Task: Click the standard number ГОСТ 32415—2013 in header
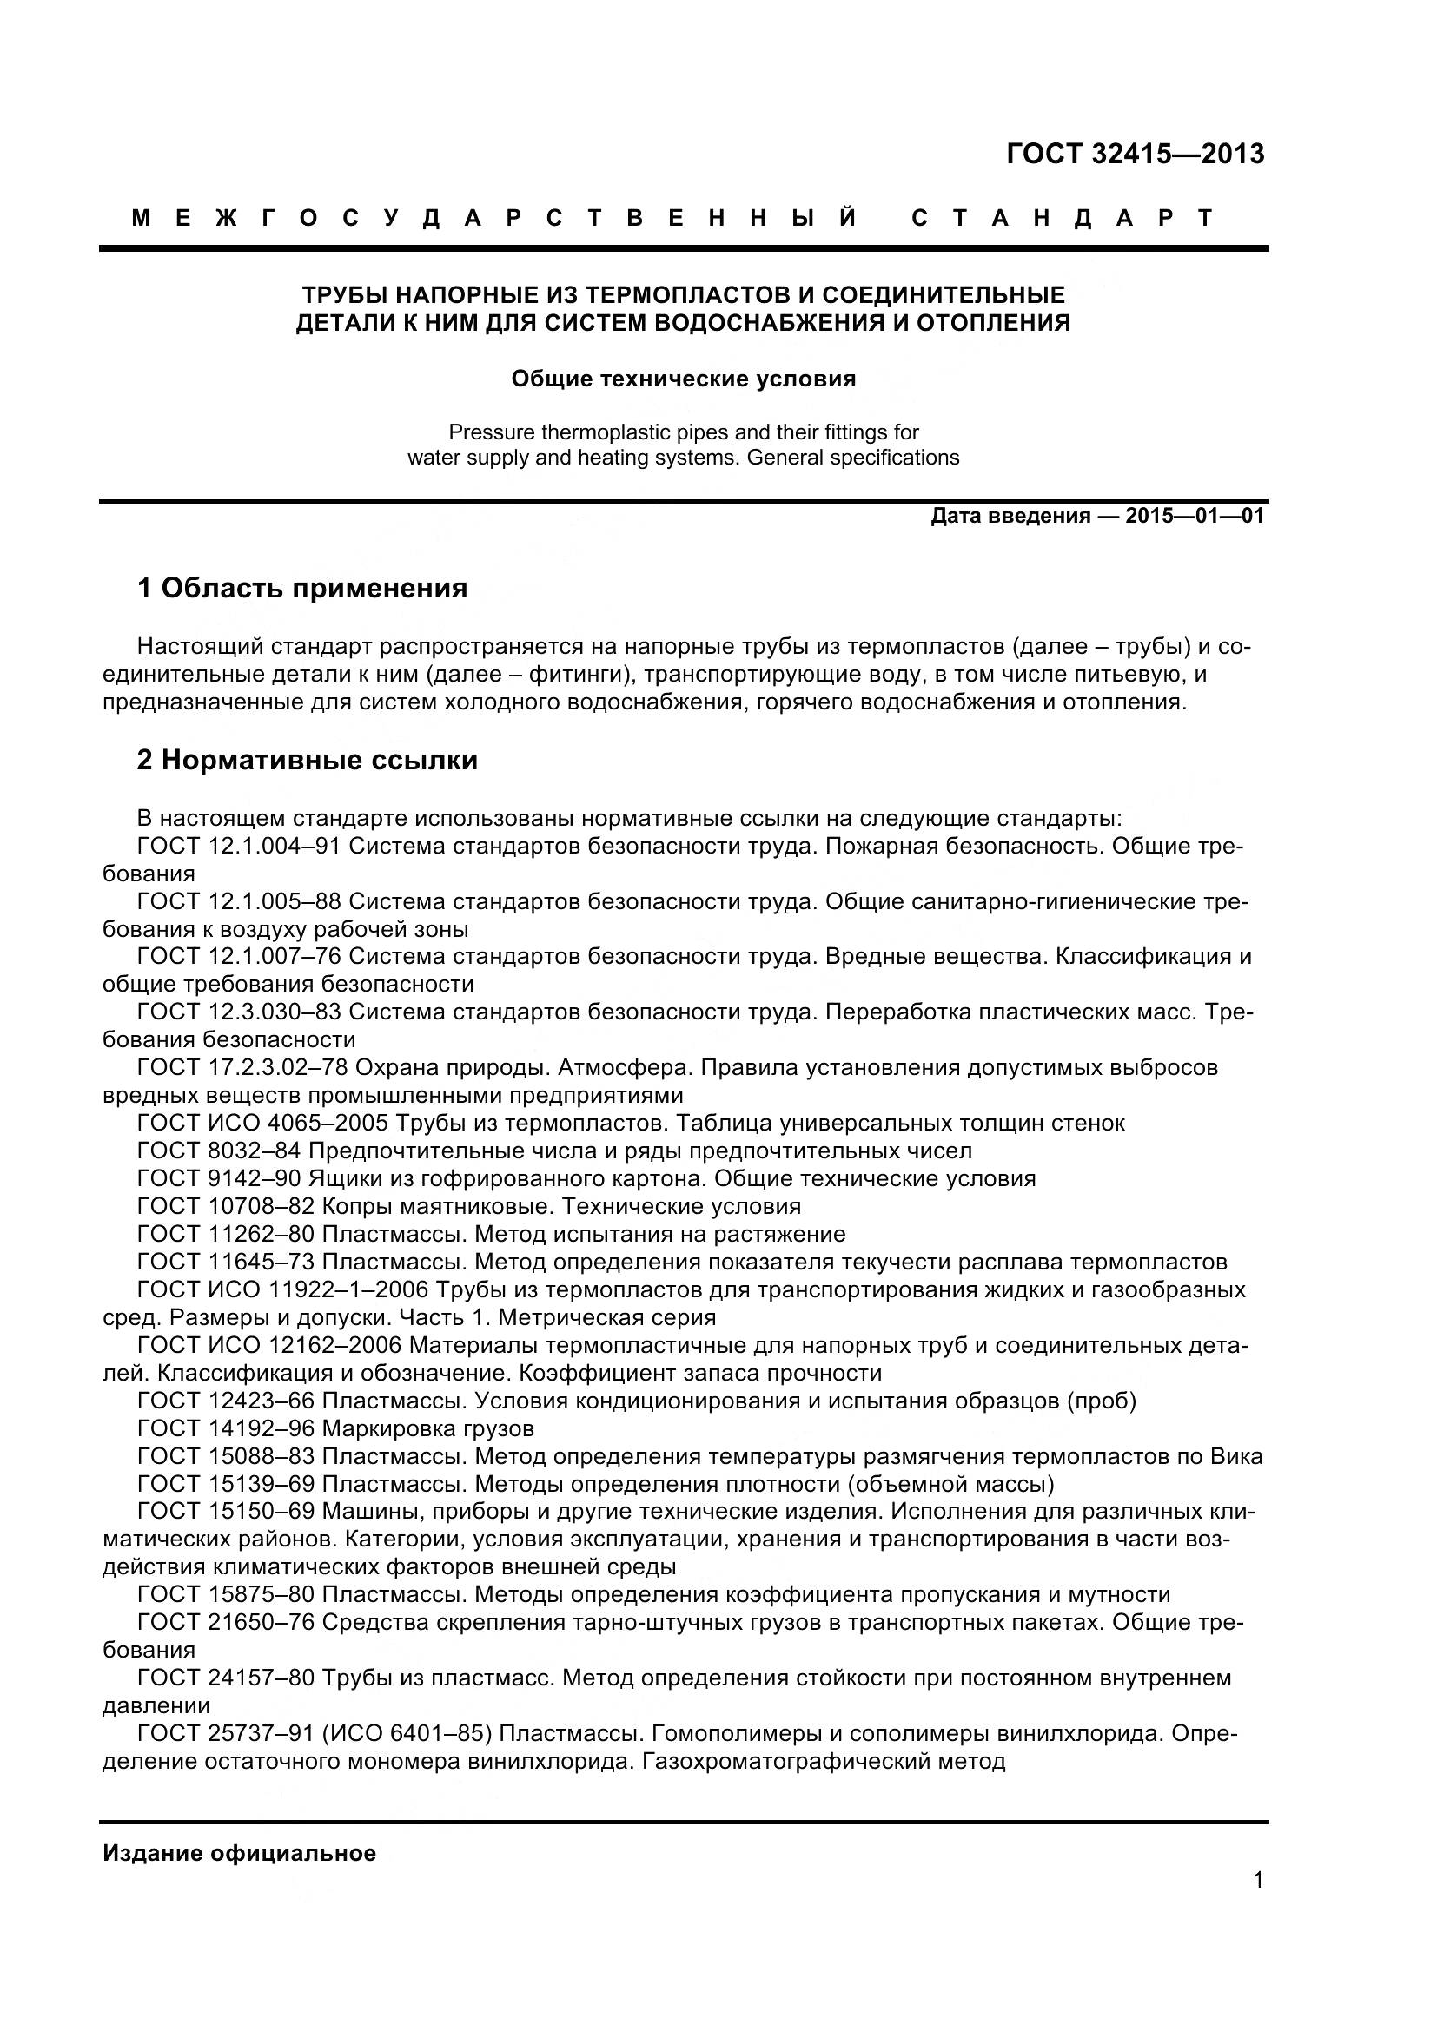(1136, 155)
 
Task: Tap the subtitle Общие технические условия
(683, 379)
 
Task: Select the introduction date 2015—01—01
(1195, 517)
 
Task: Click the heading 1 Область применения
(301, 588)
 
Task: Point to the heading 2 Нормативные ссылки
(307, 761)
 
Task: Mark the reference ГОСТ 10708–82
(226, 1207)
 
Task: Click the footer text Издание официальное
(239, 1853)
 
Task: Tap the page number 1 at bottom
(1258, 1904)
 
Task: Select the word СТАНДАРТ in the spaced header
(1062, 219)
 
